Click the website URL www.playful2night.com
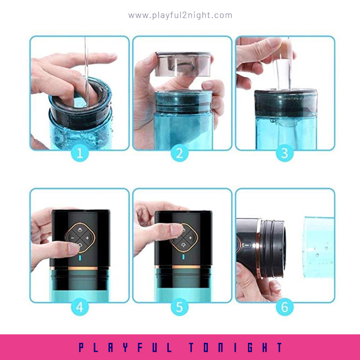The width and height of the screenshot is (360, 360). click(x=180, y=15)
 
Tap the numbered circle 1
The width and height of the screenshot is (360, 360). click(x=80, y=153)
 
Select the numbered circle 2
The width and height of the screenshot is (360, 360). click(x=180, y=153)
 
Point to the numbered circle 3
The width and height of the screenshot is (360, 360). click(x=285, y=153)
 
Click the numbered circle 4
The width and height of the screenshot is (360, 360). click(x=80, y=307)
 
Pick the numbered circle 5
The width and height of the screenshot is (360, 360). click(x=180, y=307)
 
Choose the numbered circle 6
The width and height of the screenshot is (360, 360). click(x=285, y=307)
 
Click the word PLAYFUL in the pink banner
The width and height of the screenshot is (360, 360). click(x=125, y=347)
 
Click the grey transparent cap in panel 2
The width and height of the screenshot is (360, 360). click(x=183, y=64)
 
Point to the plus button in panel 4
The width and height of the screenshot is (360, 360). click(x=87, y=238)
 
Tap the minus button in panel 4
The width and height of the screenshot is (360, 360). click(x=72, y=238)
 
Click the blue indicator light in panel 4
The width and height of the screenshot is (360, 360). click(x=80, y=257)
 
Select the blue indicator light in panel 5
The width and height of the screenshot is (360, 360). click(x=183, y=256)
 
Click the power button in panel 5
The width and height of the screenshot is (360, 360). click(x=183, y=245)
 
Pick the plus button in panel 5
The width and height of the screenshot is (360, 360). click(x=190, y=238)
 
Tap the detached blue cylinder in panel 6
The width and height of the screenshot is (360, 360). click(x=319, y=247)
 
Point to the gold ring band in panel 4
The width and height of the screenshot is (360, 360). click(x=79, y=268)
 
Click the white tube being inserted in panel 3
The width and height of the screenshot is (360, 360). click(x=284, y=73)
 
